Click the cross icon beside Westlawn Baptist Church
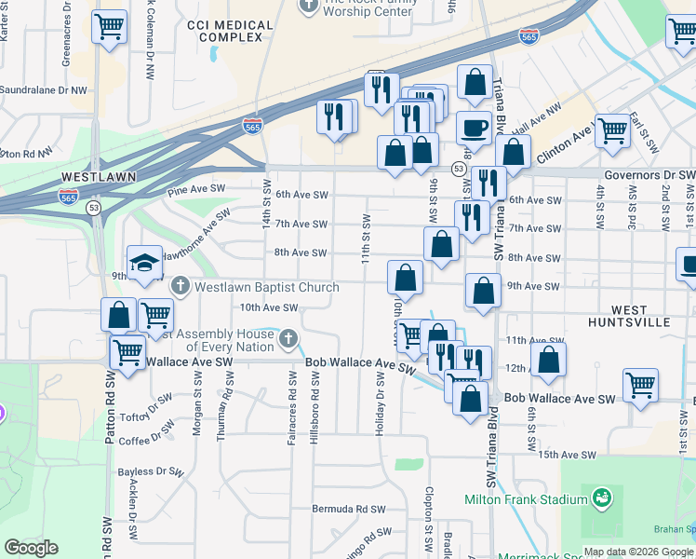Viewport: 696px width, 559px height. pyautogui.click(x=180, y=286)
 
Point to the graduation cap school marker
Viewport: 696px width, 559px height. pyautogui.click(x=144, y=266)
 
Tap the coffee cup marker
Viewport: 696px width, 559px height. pyautogui.click(x=475, y=128)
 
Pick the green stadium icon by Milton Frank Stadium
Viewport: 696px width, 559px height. pyautogui.click(x=601, y=498)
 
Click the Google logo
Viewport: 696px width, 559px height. pyautogui.click(x=31, y=548)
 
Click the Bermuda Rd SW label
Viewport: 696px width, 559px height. pyautogui.click(x=350, y=510)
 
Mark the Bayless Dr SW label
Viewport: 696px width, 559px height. pyautogui.click(x=148, y=471)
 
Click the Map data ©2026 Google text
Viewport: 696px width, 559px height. pyautogui.click(x=637, y=551)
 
